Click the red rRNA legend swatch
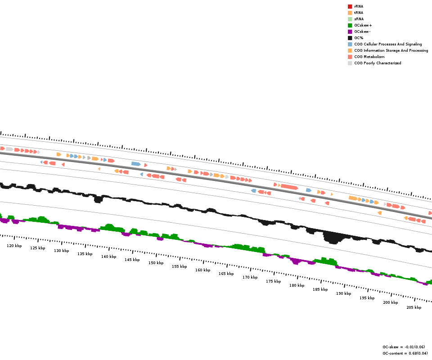[x=350, y=6]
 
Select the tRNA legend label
[x=359, y=13]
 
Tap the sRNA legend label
[x=359, y=19]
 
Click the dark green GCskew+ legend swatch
[x=350, y=25]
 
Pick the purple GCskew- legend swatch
[x=350, y=31]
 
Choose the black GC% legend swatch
[x=350, y=38]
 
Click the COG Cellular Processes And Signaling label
[x=388, y=44]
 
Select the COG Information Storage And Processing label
[x=391, y=50]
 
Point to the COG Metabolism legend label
[x=369, y=57]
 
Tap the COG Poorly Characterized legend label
[x=378, y=63]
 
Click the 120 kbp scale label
[x=14, y=246]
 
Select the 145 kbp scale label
[x=132, y=260]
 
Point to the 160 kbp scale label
[x=202, y=270]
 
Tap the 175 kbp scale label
[x=273, y=281]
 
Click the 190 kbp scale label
[x=343, y=293]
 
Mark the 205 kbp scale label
[x=414, y=307]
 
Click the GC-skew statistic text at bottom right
[x=404, y=347]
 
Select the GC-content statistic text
[x=405, y=353]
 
